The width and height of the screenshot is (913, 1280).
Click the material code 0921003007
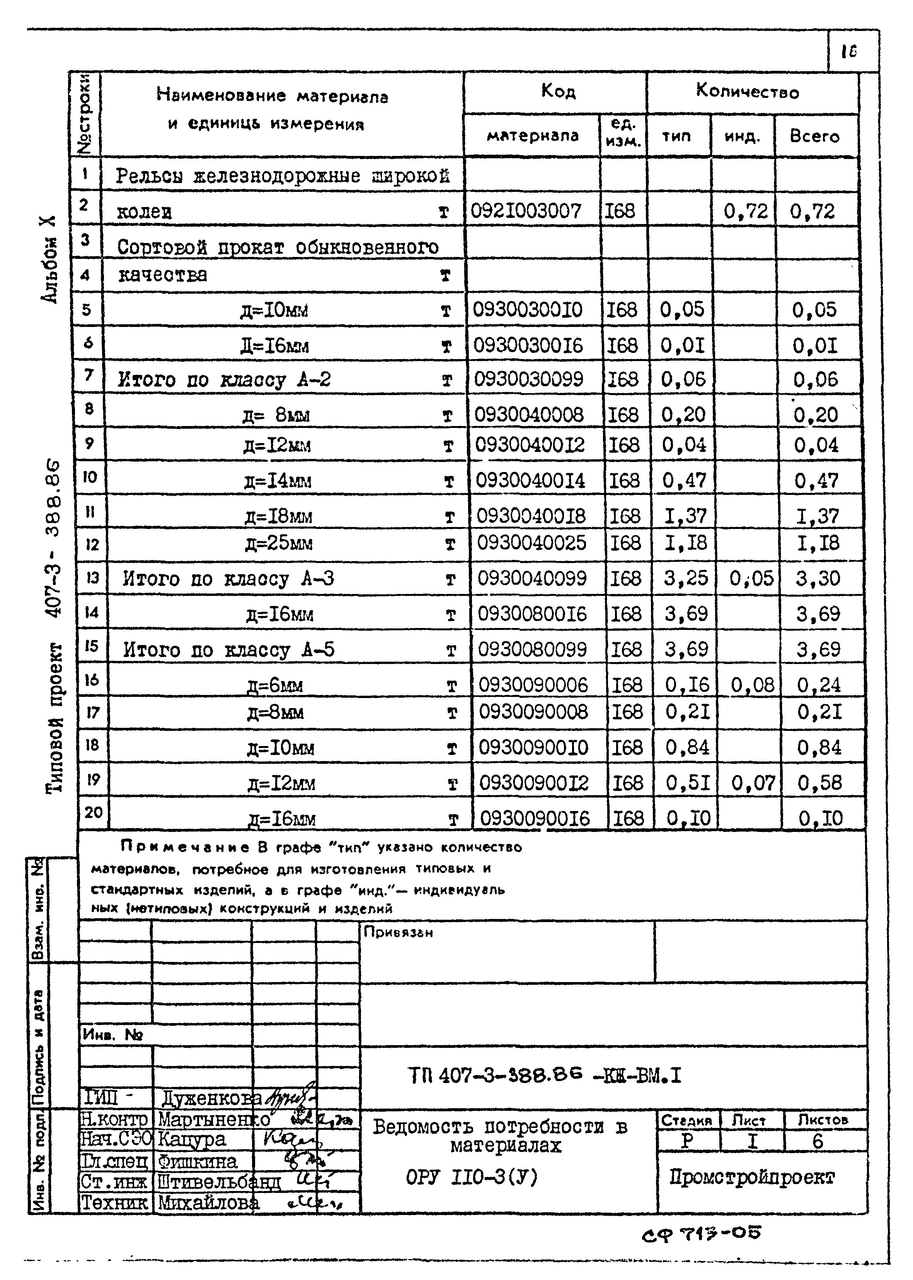526,212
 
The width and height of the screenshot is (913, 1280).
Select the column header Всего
814,137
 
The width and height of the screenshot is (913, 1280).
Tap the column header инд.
742,137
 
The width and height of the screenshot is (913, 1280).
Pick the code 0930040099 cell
532,578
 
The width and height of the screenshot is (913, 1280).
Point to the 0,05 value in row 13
751,578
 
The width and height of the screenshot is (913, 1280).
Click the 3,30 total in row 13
818,578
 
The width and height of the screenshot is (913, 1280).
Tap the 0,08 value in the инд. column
752,685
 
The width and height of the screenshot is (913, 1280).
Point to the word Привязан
398,932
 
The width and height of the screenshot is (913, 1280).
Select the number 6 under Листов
818,1141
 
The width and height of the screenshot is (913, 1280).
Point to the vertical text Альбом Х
49,259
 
